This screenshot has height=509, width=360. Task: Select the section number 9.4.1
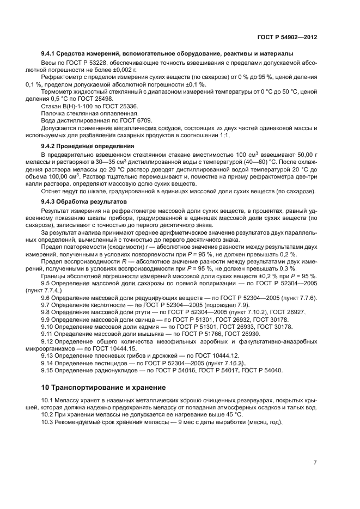tap(50, 53)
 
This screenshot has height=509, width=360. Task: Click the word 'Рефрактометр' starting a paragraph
tap(61, 78)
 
